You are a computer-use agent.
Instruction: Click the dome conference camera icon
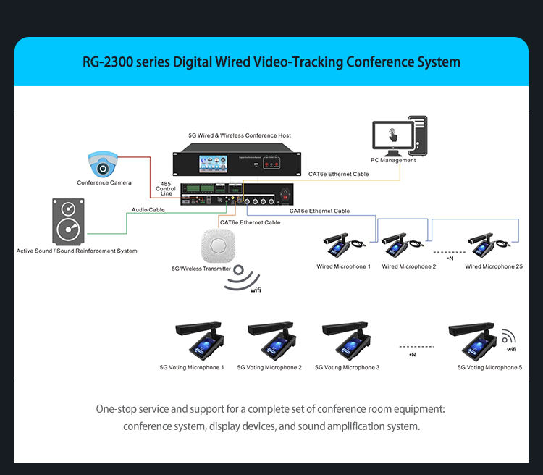click(x=104, y=164)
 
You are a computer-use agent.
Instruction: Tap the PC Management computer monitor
click(x=393, y=137)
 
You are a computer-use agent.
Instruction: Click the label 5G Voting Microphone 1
click(x=192, y=368)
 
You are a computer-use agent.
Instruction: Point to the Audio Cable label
click(x=148, y=209)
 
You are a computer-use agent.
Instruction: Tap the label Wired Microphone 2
click(x=408, y=266)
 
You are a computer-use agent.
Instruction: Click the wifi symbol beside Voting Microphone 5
click(x=510, y=337)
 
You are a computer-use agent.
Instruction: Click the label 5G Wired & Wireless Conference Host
click(x=239, y=135)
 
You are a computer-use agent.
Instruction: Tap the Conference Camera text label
click(x=104, y=182)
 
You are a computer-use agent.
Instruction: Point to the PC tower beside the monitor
click(x=418, y=135)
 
